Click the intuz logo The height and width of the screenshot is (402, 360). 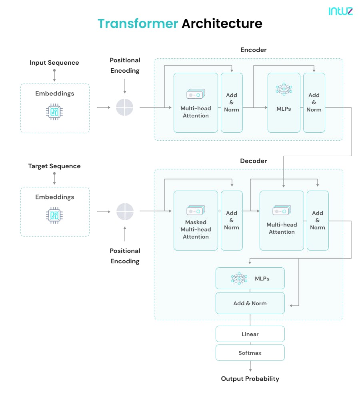pos(340,11)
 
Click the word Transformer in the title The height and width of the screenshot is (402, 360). pos(138,24)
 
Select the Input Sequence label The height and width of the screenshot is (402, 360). pos(54,63)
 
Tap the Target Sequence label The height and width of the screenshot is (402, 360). pos(54,166)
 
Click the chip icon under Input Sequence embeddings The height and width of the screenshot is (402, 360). pos(54,112)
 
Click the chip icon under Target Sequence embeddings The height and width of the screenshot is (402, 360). pos(54,215)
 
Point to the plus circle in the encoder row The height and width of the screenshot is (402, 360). pos(125,107)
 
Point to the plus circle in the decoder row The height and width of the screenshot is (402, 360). pos(125,211)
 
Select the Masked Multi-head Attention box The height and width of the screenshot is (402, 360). pos(196,221)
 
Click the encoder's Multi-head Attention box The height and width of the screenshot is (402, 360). pos(196,103)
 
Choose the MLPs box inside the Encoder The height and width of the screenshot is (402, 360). pos(284,103)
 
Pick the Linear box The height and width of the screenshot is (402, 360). pos(250,334)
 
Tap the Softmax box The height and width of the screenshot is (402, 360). pos(250,353)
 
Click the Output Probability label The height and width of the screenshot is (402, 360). pos(250,379)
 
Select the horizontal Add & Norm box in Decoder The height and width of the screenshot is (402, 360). pos(250,303)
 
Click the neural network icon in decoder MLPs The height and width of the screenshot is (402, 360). pos(239,279)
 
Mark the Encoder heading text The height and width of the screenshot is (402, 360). pos(253,50)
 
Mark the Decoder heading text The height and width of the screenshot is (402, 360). pos(253,161)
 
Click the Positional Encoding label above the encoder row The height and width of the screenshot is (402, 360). pos(125,66)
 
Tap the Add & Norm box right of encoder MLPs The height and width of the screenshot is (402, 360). pos(314,103)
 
